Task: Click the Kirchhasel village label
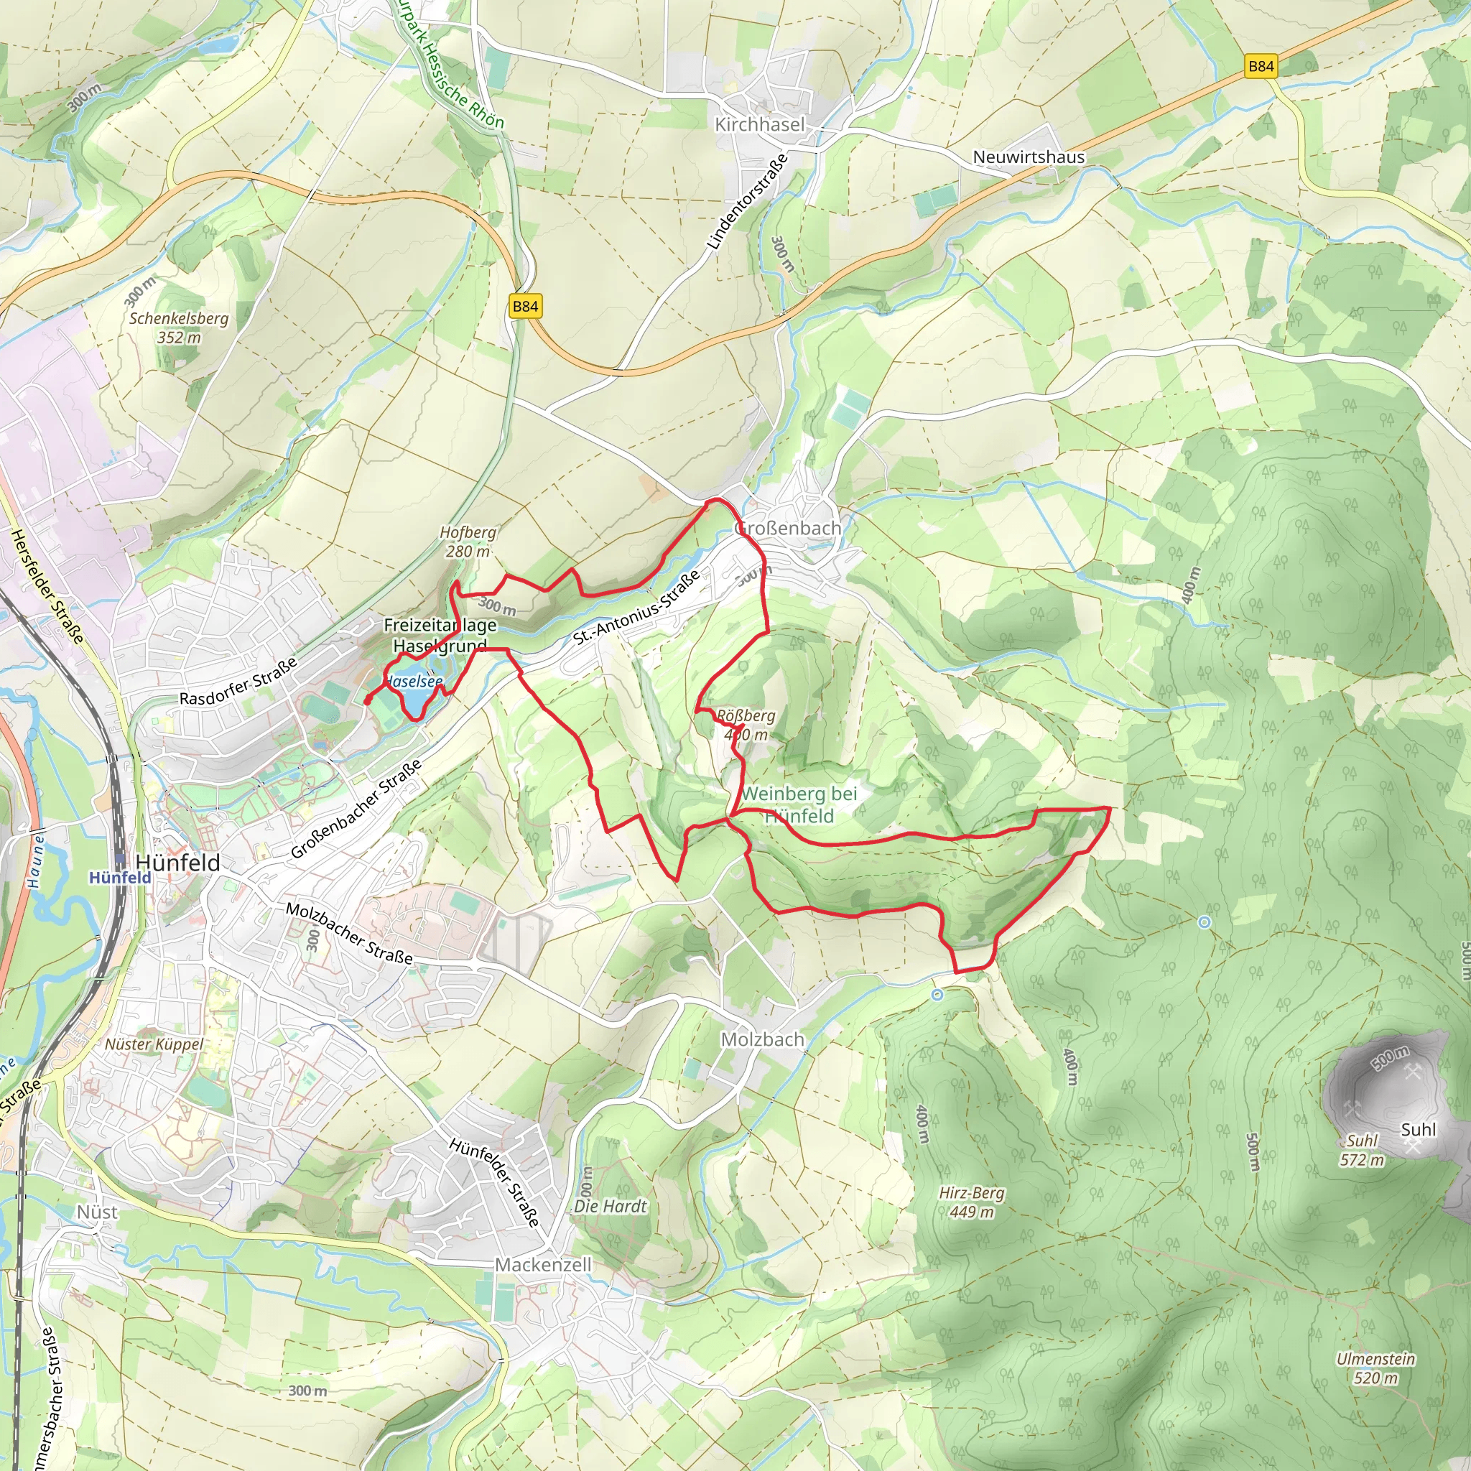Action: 759,124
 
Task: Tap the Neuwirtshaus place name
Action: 1029,157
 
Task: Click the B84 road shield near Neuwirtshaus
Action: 1261,66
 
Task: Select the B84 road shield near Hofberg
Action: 524,306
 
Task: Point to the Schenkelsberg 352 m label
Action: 179,328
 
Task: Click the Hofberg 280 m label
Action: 468,542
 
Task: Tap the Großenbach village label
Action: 788,528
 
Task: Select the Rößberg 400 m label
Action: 746,725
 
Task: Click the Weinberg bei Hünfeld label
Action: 799,804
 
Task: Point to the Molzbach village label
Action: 762,1039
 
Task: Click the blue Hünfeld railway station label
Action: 119,877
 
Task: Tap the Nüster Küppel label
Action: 154,1044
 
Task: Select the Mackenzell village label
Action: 543,1265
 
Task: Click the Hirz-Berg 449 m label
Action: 971,1202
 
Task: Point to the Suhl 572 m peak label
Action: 1361,1151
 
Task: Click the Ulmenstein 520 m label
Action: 1375,1368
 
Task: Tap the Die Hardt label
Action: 610,1206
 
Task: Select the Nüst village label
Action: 98,1212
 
